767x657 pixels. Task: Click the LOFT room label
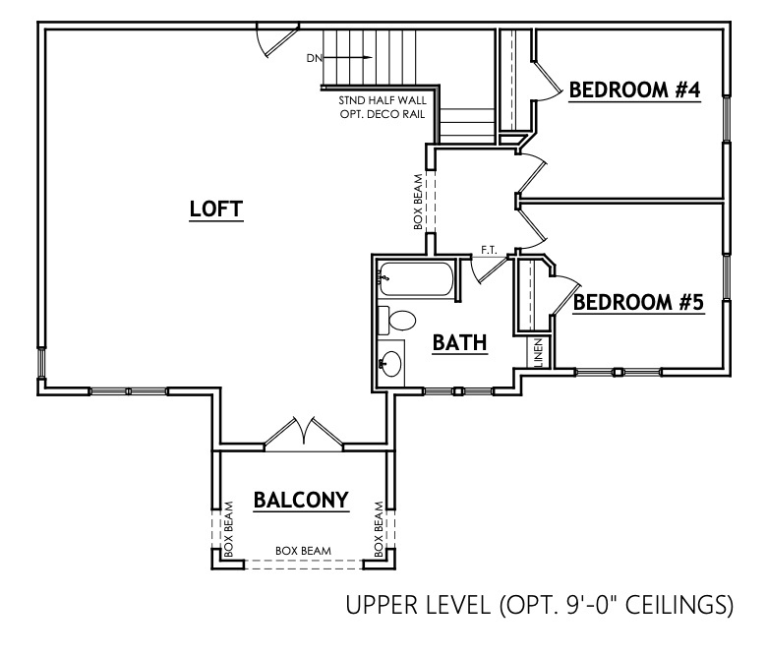click(x=215, y=209)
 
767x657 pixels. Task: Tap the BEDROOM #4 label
click(x=634, y=90)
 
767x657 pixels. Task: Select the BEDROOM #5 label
click(x=638, y=302)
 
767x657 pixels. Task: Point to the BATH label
click(x=460, y=342)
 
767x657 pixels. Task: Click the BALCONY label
click(x=301, y=500)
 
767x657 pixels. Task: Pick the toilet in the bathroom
click(x=397, y=321)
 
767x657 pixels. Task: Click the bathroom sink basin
click(x=390, y=362)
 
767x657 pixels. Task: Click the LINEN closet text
click(x=539, y=353)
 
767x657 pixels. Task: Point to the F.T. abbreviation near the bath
click(x=488, y=250)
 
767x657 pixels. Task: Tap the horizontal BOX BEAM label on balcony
click(x=303, y=551)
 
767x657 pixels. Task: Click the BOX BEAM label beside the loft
click(x=419, y=203)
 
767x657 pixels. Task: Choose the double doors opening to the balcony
click(x=305, y=434)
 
